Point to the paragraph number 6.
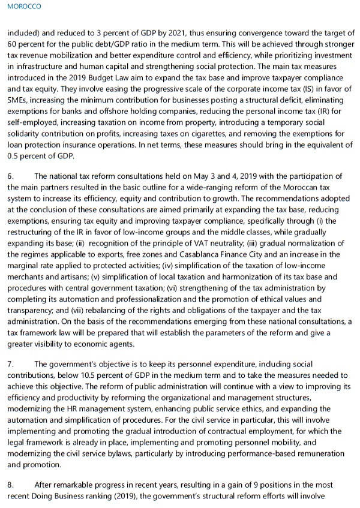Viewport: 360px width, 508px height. point(11,176)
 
